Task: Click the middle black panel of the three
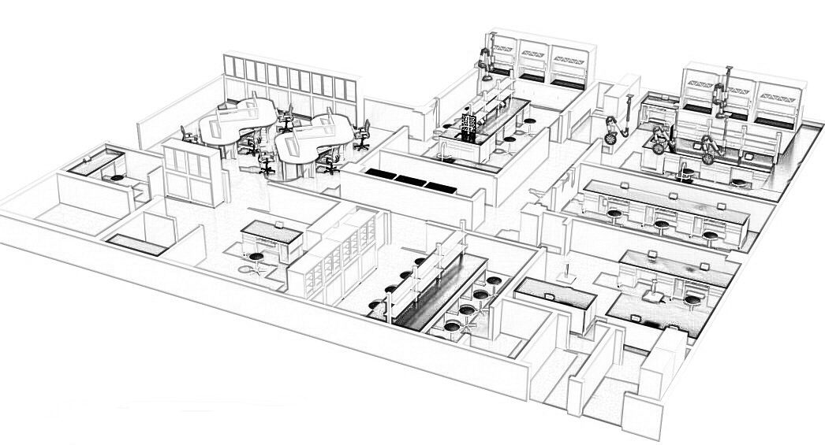pos(411,180)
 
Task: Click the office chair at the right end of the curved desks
pos(362,135)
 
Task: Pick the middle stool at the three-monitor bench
pos(660,224)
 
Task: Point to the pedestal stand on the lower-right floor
pos(566,276)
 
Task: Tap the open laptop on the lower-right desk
pos(653,294)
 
